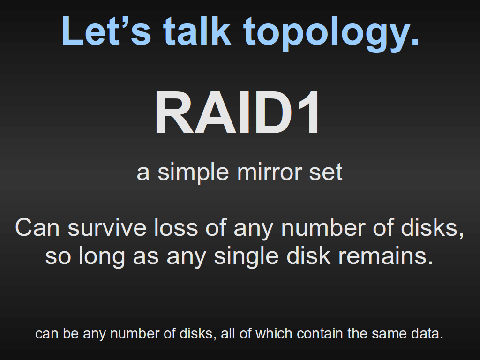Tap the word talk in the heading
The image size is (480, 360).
(197, 30)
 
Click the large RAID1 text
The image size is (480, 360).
(238, 112)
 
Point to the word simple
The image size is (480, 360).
(193, 173)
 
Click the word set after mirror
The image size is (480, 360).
(326, 172)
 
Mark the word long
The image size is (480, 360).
(102, 256)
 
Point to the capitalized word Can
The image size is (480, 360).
(37, 228)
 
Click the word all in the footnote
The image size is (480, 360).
(228, 333)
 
